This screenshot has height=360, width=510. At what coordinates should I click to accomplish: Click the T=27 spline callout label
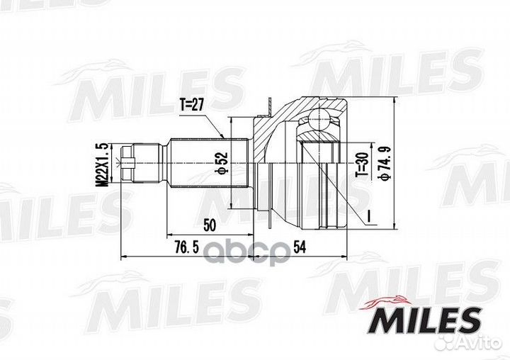(191, 105)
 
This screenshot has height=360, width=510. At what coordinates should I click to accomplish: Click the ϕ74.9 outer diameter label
(385, 163)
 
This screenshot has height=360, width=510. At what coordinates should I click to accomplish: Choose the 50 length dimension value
(210, 225)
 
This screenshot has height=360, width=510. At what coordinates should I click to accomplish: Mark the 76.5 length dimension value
(186, 248)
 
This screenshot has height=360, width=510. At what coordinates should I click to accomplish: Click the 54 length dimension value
(300, 248)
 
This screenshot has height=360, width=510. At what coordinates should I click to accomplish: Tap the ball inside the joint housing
(319, 120)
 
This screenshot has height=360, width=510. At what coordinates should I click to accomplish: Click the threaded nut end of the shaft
(127, 163)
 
